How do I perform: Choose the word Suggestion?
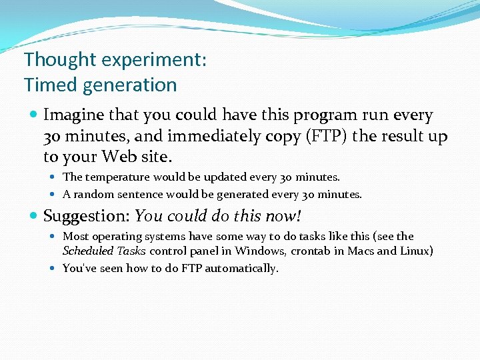click(x=85, y=216)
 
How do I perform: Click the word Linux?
click(x=417, y=251)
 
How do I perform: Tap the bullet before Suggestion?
click(x=34, y=217)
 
